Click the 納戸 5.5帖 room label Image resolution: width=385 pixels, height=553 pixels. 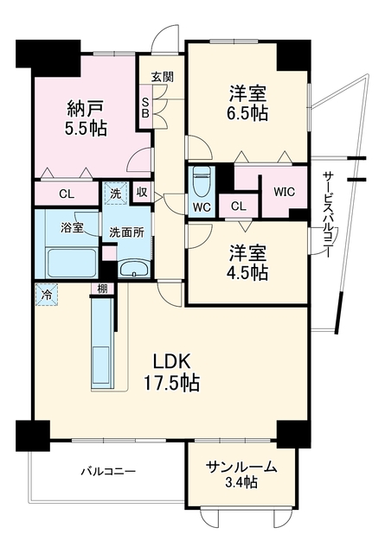click(86, 118)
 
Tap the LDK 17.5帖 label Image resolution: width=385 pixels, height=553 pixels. click(171, 372)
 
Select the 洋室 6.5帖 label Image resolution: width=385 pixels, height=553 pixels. click(247, 104)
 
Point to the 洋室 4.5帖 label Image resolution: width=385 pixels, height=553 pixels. click(247, 262)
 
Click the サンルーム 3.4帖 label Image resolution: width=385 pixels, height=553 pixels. click(241, 474)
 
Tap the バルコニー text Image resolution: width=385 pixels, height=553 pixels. click(108, 471)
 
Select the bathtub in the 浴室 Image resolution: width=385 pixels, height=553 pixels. click(72, 263)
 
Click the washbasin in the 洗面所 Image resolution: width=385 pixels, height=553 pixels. click(134, 270)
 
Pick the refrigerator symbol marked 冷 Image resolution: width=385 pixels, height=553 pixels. click(46, 294)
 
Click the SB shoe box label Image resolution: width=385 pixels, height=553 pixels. click(146, 107)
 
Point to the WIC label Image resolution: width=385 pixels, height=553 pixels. click(284, 192)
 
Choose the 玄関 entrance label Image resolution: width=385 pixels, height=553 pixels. click(163, 77)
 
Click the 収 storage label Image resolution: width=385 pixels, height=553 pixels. click(142, 192)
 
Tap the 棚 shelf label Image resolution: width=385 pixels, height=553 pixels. click(102, 289)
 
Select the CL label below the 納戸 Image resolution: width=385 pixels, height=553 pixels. click(67, 194)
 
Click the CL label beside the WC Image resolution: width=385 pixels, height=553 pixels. click(239, 207)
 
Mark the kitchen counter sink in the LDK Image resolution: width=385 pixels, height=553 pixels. click(102, 366)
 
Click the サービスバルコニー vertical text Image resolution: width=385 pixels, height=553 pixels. click(328, 214)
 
